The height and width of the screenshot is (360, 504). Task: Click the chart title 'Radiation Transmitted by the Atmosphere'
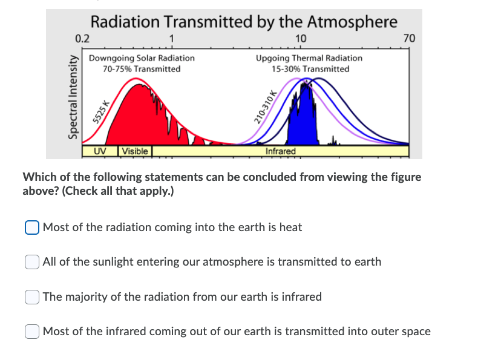pyautogui.click(x=244, y=22)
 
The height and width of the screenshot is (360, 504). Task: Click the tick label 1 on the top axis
pyautogui.click(x=172, y=39)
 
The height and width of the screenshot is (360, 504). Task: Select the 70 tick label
pyautogui.click(x=409, y=39)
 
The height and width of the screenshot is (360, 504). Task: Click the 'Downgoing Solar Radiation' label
pyautogui.click(x=142, y=58)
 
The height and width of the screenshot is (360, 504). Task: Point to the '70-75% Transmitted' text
pyautogui.click(x=142, y=69)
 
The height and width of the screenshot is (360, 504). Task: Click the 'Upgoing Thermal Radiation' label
pyautogui.click(x=309, y=58)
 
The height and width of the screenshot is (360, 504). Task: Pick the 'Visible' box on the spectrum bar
pyautogui.click(x=135, y=151)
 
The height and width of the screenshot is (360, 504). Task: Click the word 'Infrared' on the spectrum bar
pyautogui.click(x=281, y=151)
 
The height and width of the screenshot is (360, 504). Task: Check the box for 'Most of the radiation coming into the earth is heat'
pyautogui.click(x=32, y=227)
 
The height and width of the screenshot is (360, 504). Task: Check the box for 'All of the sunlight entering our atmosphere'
pyautogui.click(x=32, y=262)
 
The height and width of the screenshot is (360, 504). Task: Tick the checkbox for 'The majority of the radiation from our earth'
pyautogui.click(x=32, y=297)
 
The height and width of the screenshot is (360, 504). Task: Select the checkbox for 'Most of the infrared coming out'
pyautogui.click(x=32, y=332)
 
